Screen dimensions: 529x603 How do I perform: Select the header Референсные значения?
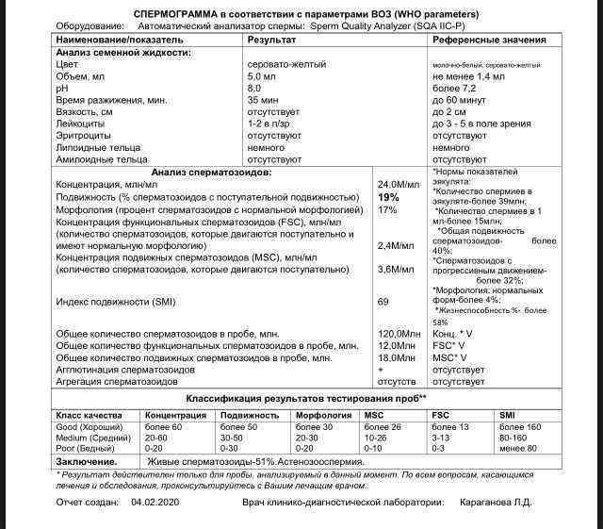pos(489,41)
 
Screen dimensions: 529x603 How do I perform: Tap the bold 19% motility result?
pos(387,197)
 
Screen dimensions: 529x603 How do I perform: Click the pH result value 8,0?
pos(254,87)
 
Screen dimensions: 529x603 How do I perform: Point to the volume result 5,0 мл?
pos(262,75)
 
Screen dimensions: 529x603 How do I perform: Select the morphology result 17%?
pos(386,209)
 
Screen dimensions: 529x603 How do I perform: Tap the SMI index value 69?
pos(383,301)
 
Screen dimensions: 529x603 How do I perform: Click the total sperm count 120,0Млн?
pos(399,334)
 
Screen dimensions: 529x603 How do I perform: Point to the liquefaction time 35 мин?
pos(263,99)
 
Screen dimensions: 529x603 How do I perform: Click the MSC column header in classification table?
pos(374,415)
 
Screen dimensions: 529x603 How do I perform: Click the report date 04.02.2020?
pos(155,503)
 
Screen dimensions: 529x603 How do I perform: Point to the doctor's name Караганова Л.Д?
pos(496,503)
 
